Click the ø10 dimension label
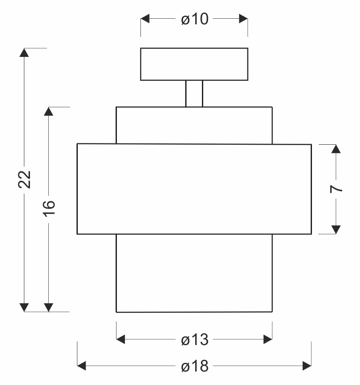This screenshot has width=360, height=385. click(195, 19)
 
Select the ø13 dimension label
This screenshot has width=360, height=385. click(195, 339)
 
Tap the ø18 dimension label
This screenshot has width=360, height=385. click(195, 366)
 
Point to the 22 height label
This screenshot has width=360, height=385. click(24, 179)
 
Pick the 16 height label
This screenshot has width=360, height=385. click(49, 209)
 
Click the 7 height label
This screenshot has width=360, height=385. click(336, 189)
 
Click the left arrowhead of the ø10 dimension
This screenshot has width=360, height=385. click(145, 19)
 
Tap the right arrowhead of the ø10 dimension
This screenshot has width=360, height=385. click(243, 19)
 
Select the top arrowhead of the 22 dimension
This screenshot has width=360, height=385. click(24, 53)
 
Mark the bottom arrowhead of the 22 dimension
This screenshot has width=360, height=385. click(24, 307)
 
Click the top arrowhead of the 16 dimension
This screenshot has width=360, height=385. click(49, 112)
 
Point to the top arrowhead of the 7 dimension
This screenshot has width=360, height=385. click(336, 149)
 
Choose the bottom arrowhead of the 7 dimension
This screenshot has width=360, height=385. click(336, 229)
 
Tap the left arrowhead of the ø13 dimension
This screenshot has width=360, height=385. click(121, 339)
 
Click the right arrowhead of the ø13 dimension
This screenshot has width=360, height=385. click(268, 339)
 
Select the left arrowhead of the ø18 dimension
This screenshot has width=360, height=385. click(82, 365)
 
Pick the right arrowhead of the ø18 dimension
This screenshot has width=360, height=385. click(307, 365)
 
